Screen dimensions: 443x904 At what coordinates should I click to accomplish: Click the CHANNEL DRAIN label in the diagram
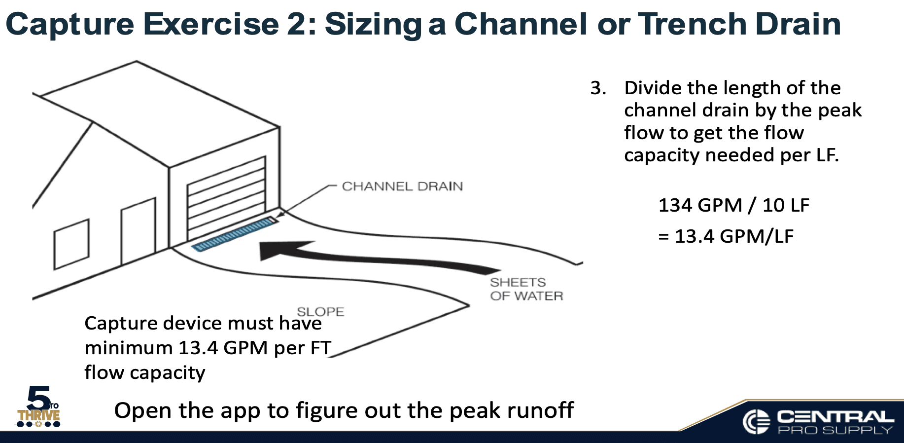(x=402, y=186)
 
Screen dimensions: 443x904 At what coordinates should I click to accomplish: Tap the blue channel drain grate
(x=234, y=234)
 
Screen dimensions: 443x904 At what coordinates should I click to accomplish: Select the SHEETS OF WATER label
(x=526, y=289)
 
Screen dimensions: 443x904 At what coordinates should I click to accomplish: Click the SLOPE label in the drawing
(x=320, y=311)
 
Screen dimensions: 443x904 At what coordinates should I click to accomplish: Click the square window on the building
(x=71, y=244)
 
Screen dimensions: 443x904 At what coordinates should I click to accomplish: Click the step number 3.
(x=598, y=88)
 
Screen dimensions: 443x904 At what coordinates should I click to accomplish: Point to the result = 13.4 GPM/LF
(x=726, y=236)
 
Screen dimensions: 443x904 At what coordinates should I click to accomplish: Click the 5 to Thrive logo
(x=39, y=407)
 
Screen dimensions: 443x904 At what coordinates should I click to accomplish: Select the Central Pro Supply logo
(x=818, y=422)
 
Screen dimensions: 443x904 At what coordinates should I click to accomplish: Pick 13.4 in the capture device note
(x=198, y=348)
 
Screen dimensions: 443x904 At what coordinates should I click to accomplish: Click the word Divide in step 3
(x=653, y=88)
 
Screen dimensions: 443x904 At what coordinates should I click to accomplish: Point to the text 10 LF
(x=786, y=205)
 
